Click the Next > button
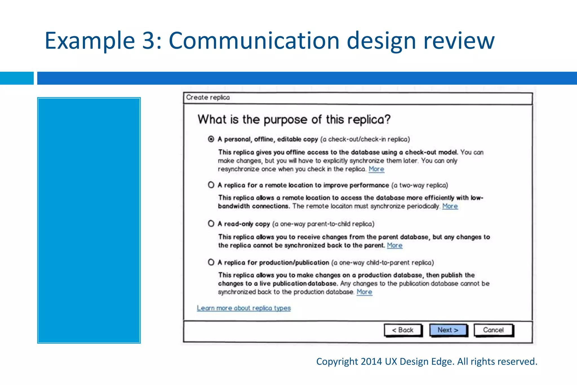(x=448, y=330)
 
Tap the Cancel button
(x=493, y=330)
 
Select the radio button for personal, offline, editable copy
(x=211, y=139)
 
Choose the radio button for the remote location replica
(x=211, y=185)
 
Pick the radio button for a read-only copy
(x=211, y=224)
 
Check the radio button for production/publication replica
(x=211, y=262)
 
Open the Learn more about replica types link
(x=244, y=308)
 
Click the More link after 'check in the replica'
(x=376, y=169)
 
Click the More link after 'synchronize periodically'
(x=450, y=206)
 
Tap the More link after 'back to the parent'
(x=394, y=245)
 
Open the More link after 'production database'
(x=364, y=292)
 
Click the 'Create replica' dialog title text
(x=208, y=97)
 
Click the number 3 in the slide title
(x=148, y=41)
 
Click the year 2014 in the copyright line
(x=371, y=362)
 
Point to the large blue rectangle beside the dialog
(x=89, y=220)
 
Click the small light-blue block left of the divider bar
(x=17, y=78)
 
